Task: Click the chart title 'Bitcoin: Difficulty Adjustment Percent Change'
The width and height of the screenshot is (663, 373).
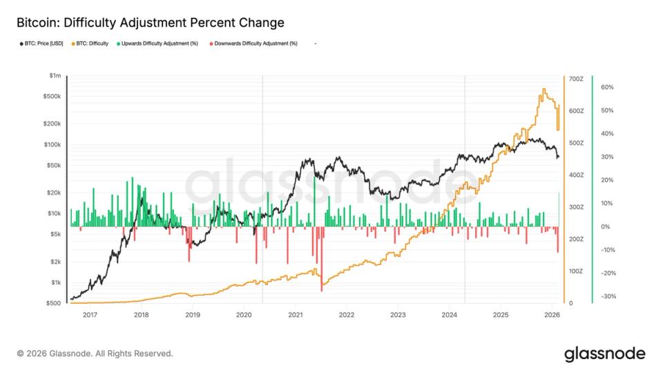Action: coord(150,23)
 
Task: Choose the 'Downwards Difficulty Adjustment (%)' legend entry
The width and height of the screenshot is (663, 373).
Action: coord(258,44)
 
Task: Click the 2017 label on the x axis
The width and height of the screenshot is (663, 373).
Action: coord(89,315)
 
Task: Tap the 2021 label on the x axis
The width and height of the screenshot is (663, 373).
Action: coord(295,315)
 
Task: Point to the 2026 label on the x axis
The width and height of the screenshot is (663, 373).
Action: coord(552,315)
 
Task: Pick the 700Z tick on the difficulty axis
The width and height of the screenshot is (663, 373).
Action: coord(577,79)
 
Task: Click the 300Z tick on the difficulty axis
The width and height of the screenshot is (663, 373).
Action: coord(577,207)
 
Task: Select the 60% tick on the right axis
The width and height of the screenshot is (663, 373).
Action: coord(607,87)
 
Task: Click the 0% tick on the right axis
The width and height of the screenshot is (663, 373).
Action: coord(605,227)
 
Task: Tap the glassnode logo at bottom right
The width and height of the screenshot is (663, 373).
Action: coord(604,354)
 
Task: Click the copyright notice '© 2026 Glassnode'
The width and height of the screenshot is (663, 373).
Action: coord(95,354)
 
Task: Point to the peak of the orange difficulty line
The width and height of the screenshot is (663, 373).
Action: coord(544,88)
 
